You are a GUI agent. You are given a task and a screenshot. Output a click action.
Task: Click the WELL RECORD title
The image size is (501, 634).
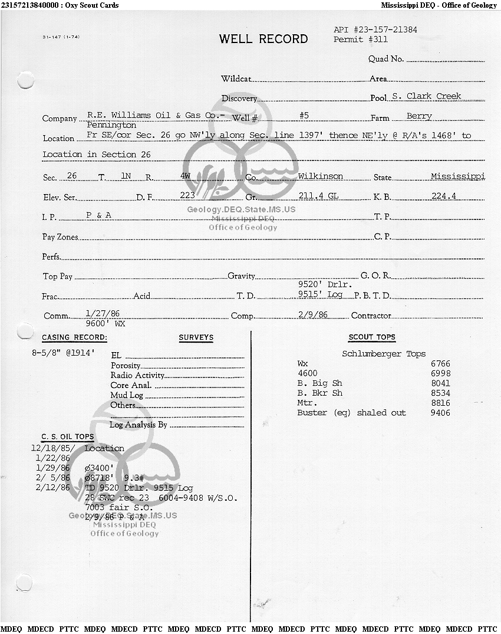[263, 40]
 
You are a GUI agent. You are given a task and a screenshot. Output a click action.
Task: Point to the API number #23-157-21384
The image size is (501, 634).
[375, 29]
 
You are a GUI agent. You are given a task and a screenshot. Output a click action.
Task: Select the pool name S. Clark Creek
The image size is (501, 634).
[426, 96]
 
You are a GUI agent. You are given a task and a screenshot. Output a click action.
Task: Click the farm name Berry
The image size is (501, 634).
[419, 116]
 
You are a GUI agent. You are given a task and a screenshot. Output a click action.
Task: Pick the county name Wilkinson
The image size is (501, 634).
[320, 176]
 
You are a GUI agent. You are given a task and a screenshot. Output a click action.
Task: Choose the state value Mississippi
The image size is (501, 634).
[457, 176]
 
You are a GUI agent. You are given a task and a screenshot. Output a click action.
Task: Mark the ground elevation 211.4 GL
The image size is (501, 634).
[318, 196]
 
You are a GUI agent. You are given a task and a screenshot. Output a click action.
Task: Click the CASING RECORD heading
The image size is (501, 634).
[74, 337]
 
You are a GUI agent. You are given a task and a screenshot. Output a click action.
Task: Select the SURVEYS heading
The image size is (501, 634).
[196, 337]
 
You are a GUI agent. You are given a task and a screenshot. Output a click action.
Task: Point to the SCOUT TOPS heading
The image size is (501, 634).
[372, 337]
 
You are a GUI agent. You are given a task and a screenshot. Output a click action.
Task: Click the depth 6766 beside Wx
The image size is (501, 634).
[440, 364]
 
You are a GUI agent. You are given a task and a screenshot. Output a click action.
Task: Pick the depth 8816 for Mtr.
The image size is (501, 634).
[440, 403]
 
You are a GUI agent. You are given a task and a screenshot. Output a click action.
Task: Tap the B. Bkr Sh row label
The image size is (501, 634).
[319, 393]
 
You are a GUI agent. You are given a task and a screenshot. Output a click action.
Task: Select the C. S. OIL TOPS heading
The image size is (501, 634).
[67, 437]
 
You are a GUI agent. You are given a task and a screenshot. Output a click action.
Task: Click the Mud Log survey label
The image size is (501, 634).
[127, 395]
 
